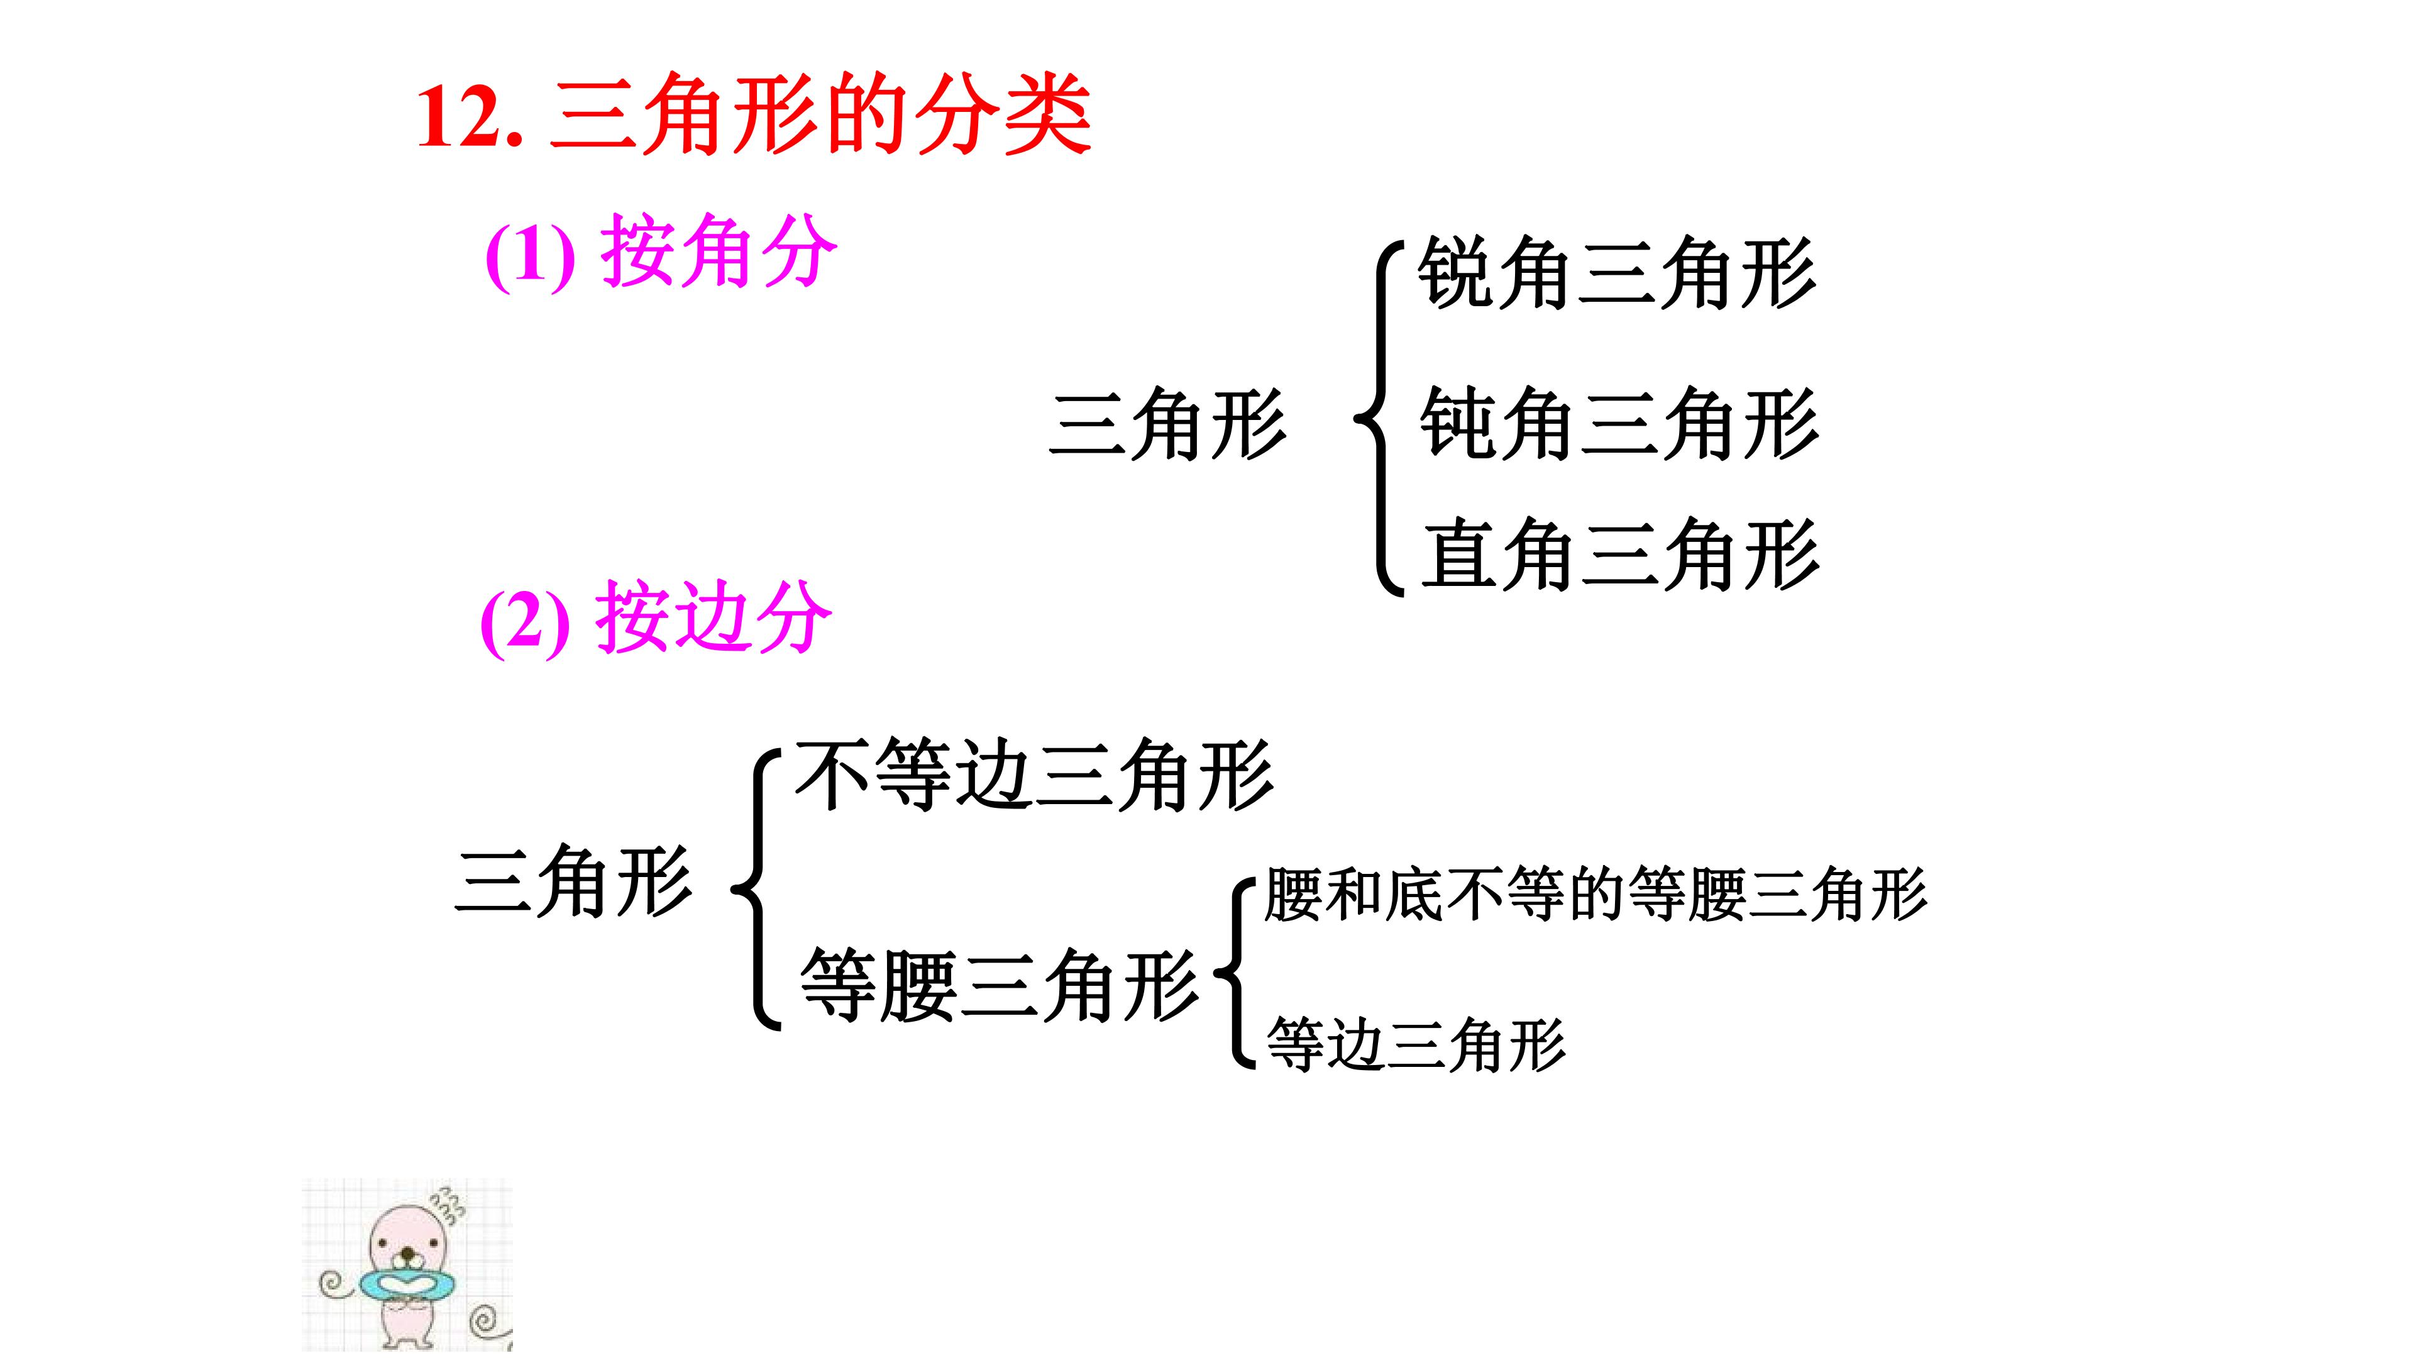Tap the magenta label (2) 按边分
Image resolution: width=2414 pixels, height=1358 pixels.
[x=655, y=617]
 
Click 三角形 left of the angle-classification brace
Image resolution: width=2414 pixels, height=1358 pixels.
[x=1167, y=424]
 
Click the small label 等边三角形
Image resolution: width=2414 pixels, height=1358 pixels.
[x=1415, y=1044]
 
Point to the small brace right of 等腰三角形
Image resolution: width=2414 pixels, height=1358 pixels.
[x=1235, y=972]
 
